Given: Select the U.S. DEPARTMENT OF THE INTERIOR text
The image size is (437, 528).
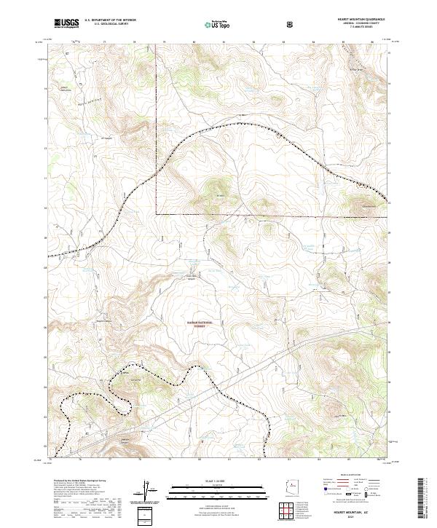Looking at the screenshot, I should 111,20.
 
